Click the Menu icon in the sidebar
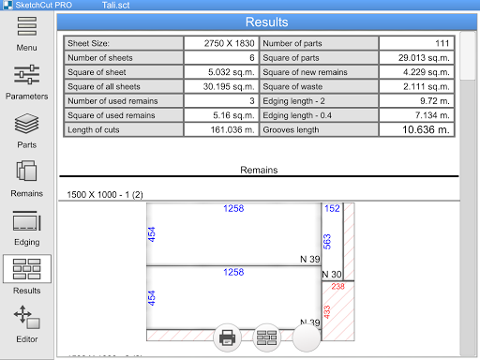click(27, 26)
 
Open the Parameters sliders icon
click(27, 75)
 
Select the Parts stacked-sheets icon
click(27, 124)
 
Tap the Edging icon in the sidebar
click(27, 220)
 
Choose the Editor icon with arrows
click(27, 317)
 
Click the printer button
click(227, 337)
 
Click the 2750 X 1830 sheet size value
click(229, 43)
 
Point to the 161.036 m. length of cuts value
click(232, 129)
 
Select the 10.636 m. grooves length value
click(426, 129)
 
